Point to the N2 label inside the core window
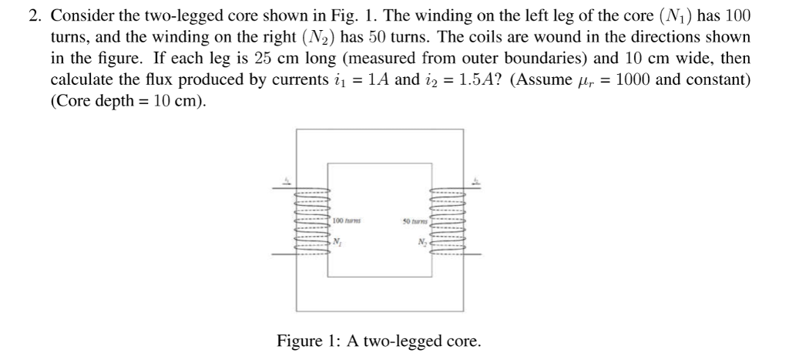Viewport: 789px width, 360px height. point(421,243)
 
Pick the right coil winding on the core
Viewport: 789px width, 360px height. point(448,220)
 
